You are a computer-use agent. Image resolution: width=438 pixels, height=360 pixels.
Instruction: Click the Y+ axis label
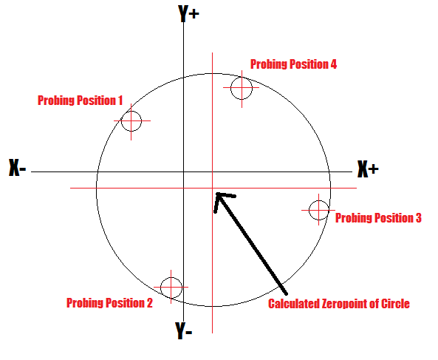[x=188, y=13]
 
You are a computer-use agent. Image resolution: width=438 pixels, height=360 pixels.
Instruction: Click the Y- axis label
[x=184, y=330]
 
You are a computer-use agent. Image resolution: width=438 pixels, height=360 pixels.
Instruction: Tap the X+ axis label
[x=368, y=169]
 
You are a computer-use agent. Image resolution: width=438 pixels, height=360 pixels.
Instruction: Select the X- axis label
[x=18, y=168]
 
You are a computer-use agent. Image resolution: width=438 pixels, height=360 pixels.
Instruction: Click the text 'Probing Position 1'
[x=81, y=101]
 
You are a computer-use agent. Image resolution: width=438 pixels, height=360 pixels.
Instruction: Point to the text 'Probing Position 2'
[x=109, y=303]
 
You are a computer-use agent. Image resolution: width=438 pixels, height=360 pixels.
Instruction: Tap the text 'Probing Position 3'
[x=378, y=218]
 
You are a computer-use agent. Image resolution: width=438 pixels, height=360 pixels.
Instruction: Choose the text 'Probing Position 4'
[x=293, y=64]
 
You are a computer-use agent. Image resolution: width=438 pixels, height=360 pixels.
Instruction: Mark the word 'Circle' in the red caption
[x=395, y=304]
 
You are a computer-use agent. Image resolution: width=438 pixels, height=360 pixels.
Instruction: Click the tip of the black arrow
[x=216, y=193]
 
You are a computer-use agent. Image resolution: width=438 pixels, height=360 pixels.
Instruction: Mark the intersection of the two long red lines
[x=212, y=188]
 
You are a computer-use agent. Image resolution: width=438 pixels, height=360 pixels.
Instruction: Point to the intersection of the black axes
[x=183, y=171]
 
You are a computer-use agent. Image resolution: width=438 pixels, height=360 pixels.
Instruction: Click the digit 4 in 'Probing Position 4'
[x=334, y=64]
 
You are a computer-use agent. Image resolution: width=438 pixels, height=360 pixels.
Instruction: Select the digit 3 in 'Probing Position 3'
[x=418, y=218]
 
